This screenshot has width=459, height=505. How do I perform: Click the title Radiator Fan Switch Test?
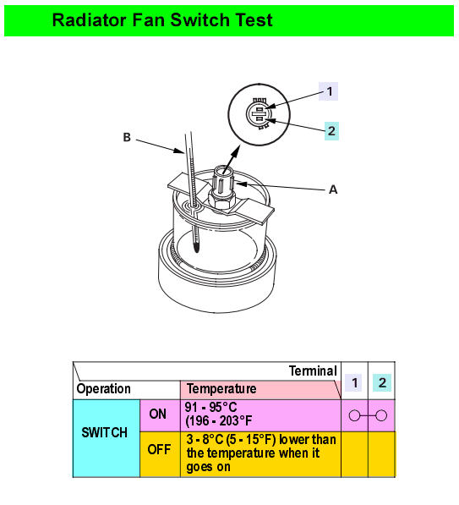click(162, 20)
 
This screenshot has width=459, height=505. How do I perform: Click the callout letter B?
click(127, 137)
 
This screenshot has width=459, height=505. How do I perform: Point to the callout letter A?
click(333, 189)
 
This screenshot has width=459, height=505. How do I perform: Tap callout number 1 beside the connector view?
click(328, 91)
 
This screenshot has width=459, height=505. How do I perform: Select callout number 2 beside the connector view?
click(331, 131)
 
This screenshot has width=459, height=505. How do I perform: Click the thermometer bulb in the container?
click(196, 247)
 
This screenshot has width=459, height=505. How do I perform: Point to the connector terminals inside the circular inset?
click(260, 113)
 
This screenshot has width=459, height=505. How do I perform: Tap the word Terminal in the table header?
click(313, 371)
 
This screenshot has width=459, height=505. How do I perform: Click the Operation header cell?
click(104, 389)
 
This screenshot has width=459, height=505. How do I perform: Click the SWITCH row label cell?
click(107, 438)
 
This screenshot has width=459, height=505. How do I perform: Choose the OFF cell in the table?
click(160, 454)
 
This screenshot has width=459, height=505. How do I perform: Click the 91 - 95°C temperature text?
click(210, 408)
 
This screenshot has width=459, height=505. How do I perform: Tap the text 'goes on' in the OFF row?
click(208, 467)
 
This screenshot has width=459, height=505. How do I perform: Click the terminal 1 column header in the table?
click(354, 382)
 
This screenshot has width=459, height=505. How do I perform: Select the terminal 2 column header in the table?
click(382, 382)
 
